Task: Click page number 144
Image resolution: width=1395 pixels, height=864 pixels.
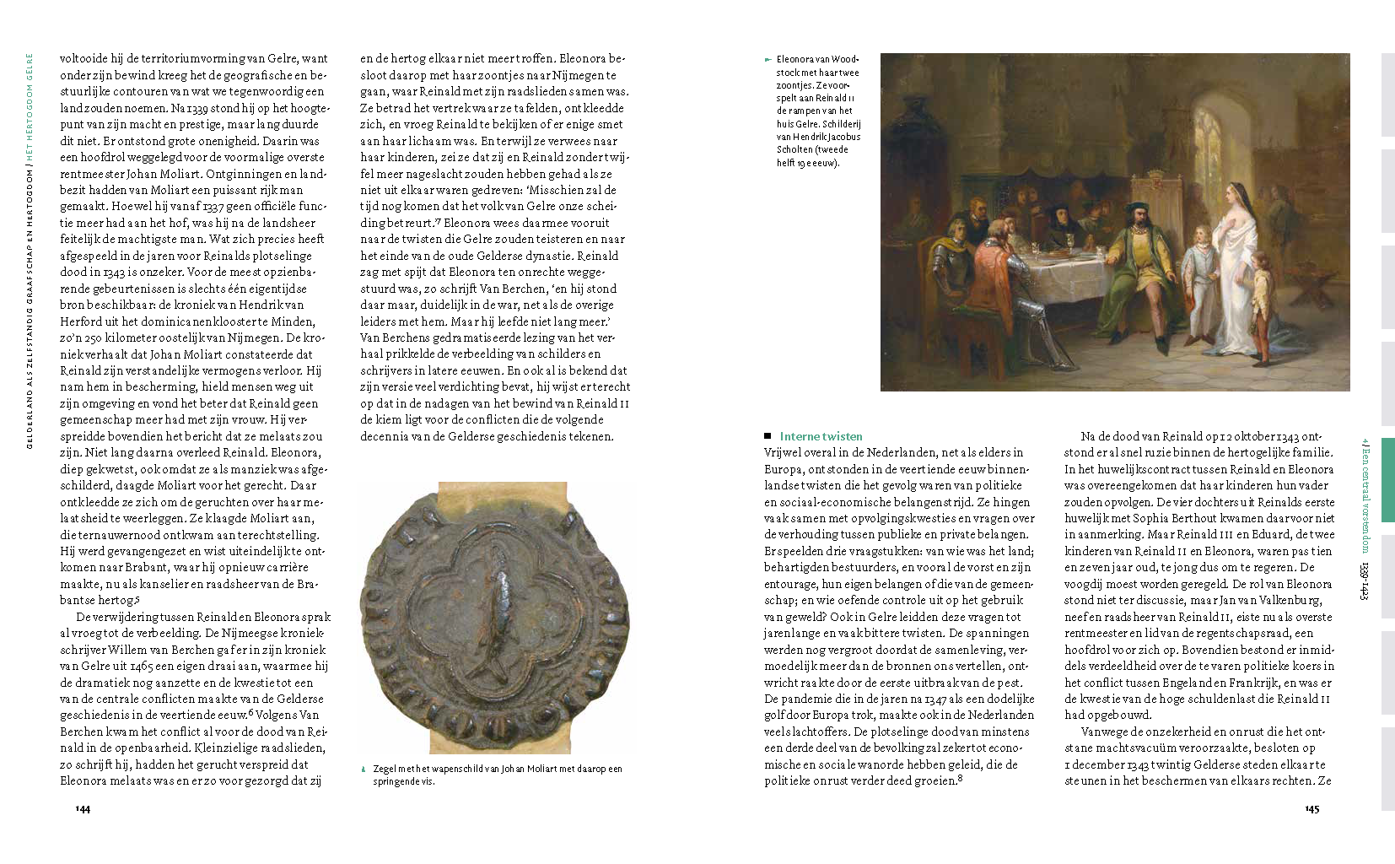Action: (x=83, y=808)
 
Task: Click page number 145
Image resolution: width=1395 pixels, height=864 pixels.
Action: (x=1312, y=808)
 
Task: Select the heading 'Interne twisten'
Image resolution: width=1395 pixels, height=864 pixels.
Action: (x=821, y=436)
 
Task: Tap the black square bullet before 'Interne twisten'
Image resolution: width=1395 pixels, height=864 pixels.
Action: (x=768, y=436)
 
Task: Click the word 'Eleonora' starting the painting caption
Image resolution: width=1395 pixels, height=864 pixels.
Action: (x=792, y=59)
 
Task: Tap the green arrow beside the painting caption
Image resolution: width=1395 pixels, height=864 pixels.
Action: (x=768, y=59)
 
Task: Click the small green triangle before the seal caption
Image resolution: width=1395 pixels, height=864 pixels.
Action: (x=364, y=769)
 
